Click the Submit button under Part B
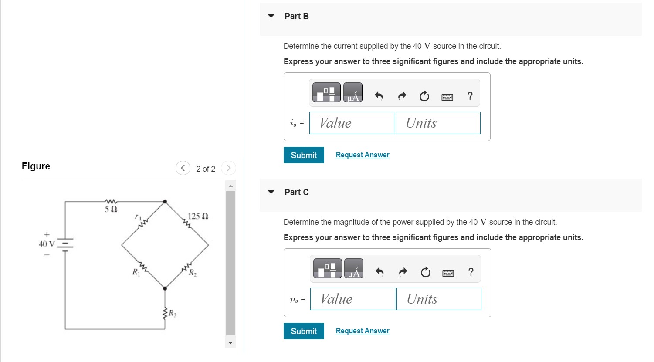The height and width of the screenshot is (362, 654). [304, 155]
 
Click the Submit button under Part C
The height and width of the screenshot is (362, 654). [304, 331]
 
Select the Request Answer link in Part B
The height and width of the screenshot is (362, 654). [363, 155]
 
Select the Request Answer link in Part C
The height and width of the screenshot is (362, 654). [363, 331]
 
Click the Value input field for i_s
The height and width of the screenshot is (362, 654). [352, 123]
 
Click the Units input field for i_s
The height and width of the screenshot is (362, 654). [438, 123]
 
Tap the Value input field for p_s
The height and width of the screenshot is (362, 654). [352, 299]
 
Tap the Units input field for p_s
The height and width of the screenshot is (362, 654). [439, 299]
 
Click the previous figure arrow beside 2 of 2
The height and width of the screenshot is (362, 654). [183, 168]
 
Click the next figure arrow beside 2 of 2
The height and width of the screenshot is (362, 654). [228, 168]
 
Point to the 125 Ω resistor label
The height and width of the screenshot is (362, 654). [198, 216]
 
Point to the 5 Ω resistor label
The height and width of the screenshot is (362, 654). [111, 209]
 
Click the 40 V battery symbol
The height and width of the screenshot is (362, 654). [65, 244]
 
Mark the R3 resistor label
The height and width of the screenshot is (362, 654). [173, 313]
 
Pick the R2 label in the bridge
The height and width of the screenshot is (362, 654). [193, 274]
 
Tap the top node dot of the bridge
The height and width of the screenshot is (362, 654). [165, 202]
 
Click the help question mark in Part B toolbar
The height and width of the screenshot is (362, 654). [470, 96]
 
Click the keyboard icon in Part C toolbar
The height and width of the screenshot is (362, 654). [448, 273]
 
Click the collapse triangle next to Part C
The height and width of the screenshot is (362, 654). [271, 192]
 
